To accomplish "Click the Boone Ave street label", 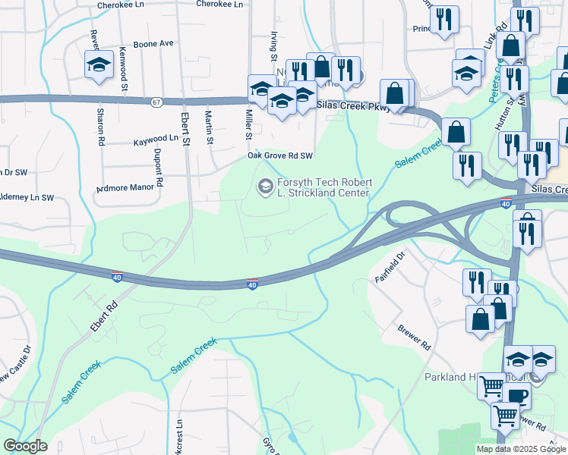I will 154,44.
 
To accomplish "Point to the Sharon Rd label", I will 99,126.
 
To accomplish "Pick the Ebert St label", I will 185,126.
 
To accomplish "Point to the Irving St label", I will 273,47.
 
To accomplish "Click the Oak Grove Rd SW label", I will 280,156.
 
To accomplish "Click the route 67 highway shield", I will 156,101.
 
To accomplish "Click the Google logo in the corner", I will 25,446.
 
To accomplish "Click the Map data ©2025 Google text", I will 520,449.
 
